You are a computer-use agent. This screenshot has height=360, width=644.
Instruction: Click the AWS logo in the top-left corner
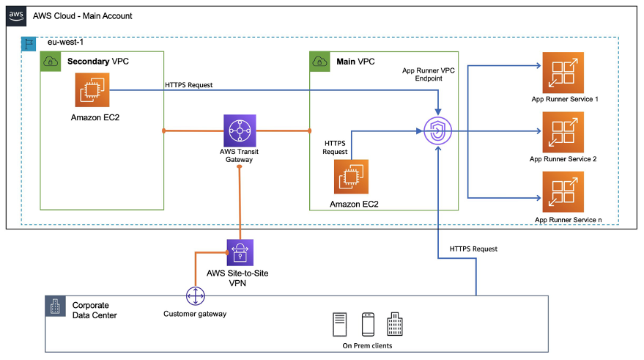(x=16, y=15)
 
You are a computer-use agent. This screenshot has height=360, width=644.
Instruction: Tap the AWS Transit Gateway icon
(x=240, y=131)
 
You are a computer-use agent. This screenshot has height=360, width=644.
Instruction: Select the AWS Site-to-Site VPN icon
(x=240, y=253)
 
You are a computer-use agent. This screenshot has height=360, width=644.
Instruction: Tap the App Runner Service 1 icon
(x=563, y=72)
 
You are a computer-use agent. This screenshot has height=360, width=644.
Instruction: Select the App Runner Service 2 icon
(x=563, y=132)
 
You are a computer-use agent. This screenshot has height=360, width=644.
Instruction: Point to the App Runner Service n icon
(x=563, y=192)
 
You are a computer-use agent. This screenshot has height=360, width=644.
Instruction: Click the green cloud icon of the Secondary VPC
(x=52, y=62)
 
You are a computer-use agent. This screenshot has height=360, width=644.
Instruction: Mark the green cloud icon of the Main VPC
(x=320, y=62)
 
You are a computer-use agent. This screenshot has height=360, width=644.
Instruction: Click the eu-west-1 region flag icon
(x=29, y=43)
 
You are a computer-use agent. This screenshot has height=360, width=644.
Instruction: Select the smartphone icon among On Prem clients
(x=369, y=323)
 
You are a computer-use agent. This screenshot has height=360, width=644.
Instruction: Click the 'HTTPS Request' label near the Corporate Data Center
(x=473, y=249)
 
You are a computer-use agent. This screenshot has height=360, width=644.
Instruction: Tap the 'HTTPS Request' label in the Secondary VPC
(x=188, y=85)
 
